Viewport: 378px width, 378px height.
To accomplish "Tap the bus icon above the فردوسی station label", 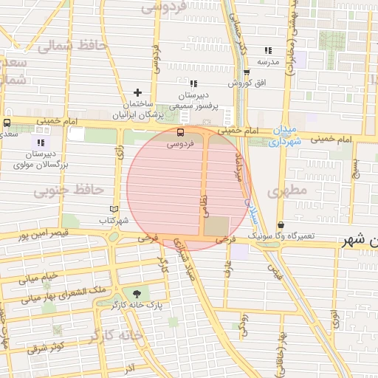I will coord(181,133).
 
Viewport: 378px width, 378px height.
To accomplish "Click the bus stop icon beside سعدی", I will coord(7,123).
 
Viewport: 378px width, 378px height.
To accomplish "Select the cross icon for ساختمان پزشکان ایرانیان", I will coord(137,92).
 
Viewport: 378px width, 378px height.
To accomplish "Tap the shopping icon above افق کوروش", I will coord(246,72).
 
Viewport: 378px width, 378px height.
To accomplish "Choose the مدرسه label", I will coord(268,62).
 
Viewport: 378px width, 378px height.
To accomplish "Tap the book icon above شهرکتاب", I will coord(113,209).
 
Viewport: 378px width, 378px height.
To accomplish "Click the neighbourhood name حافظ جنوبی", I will coord(68,190).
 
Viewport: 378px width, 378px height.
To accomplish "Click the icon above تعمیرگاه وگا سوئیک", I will coord(281,224).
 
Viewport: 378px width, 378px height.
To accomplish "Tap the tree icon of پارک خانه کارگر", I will coord(136,294).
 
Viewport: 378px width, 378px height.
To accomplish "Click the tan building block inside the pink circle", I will coord(216,227).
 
